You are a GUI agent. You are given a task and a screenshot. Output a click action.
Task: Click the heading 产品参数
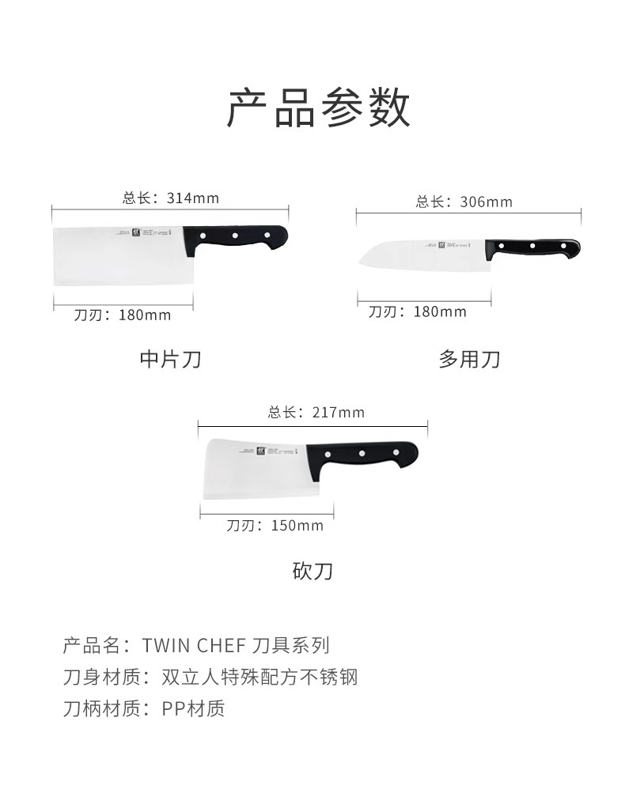click(x=319, y=108)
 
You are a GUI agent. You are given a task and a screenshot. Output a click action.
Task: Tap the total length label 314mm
click(x=171, y=198)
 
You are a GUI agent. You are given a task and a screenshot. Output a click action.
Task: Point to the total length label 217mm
click(x=316, y=412)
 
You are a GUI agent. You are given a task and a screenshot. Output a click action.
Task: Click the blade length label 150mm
click(x=275, y=525)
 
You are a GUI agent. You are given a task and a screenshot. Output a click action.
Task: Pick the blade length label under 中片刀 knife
click(x=123, y=315)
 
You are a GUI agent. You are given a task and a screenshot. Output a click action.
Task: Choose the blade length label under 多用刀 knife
click(x=418, y=311)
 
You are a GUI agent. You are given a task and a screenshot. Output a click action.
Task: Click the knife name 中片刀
click(x=170, y=360)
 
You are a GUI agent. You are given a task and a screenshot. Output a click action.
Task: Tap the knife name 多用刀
click(x=469, y=360)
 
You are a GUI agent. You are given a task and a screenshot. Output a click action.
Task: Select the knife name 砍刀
click(x=312, y=570)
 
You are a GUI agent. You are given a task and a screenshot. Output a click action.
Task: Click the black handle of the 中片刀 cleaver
click(x=236, y=236)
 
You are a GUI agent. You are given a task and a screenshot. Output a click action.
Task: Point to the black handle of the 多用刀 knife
click(x=532, y=247)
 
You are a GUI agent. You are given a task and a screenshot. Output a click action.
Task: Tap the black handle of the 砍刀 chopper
click(x=361, y=455)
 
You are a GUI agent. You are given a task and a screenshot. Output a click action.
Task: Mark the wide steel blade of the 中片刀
click(x=119, y=257)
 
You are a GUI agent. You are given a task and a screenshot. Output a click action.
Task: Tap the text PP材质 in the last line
click(x=193, y=708)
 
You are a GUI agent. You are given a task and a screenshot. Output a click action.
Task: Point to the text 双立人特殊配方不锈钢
click(x=259, y=677)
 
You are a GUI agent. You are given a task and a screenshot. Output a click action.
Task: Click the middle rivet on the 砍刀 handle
click(x=361, y=454)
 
